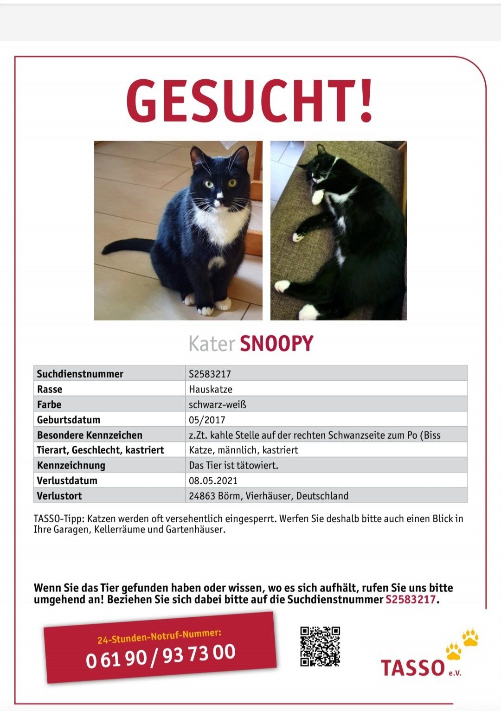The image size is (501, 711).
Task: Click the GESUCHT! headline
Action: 250,101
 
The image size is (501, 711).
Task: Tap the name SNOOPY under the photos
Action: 276,344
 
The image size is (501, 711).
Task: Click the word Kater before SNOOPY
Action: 212,344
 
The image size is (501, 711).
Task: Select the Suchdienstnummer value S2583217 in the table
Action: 210,374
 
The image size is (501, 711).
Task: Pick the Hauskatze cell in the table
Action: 211,389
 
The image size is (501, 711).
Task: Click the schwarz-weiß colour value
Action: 217,404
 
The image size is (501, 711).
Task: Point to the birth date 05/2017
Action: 207,420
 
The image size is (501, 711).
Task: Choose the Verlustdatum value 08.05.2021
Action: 213,480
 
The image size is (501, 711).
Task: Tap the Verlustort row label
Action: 59,496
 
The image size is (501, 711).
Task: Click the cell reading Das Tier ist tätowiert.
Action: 233,465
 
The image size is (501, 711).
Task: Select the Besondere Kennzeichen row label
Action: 90,435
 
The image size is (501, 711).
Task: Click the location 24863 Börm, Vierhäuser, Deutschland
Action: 268,496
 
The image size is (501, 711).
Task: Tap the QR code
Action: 320,646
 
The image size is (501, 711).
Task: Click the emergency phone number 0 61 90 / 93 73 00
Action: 161,655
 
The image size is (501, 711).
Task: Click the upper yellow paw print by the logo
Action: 470,637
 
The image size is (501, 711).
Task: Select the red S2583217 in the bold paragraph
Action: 411,599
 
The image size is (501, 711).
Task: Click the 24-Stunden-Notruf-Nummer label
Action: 159,636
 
